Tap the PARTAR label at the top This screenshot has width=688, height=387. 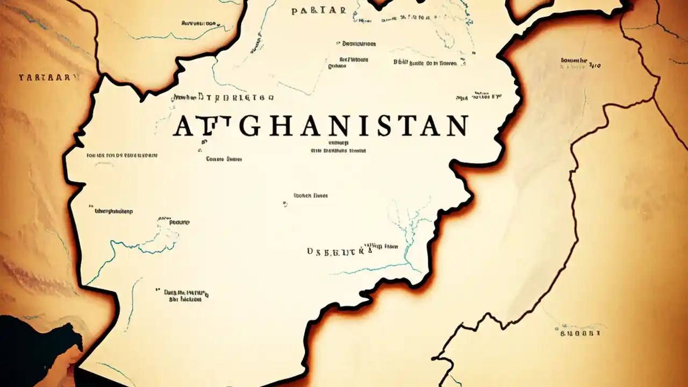point(319,10)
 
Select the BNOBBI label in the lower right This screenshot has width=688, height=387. point(579,333)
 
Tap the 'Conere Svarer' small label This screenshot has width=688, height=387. point(224,159)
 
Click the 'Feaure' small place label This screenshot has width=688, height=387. point(180,222)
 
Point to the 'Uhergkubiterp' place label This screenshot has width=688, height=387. point(114,211)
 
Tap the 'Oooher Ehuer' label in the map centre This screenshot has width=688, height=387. point(310,196)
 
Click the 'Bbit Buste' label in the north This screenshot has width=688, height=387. point(425,63)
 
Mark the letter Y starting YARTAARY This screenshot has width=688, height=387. point(21,77)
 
